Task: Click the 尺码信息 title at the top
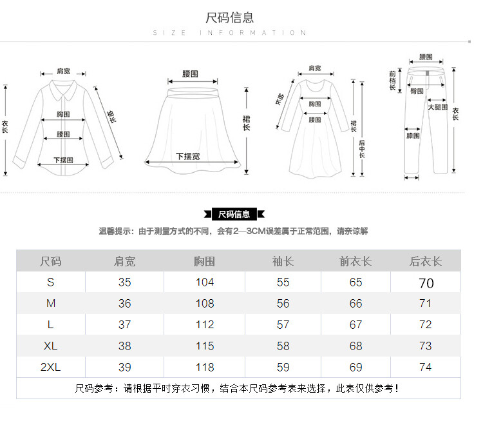click(230, 17)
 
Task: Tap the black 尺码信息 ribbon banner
click(234, 214)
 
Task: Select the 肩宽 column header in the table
click(125, 261)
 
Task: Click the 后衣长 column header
click(426, 261)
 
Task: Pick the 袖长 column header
click(283, 261)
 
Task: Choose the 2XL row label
click(51, 367)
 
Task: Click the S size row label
click(51, 282)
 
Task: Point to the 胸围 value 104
click(205, 282)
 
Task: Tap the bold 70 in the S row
click(426, 283)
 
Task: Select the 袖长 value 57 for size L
click(283, 324)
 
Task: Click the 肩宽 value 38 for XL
click(125, 346)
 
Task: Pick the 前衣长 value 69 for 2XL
click(356, 367)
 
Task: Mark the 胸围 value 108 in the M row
click(205, 303)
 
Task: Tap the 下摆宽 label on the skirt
click(187, 156)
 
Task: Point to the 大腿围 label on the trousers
click(438, 107)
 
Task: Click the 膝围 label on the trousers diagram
click(413, 135)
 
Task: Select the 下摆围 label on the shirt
click(63, 159)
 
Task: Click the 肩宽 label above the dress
click(314, 68)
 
